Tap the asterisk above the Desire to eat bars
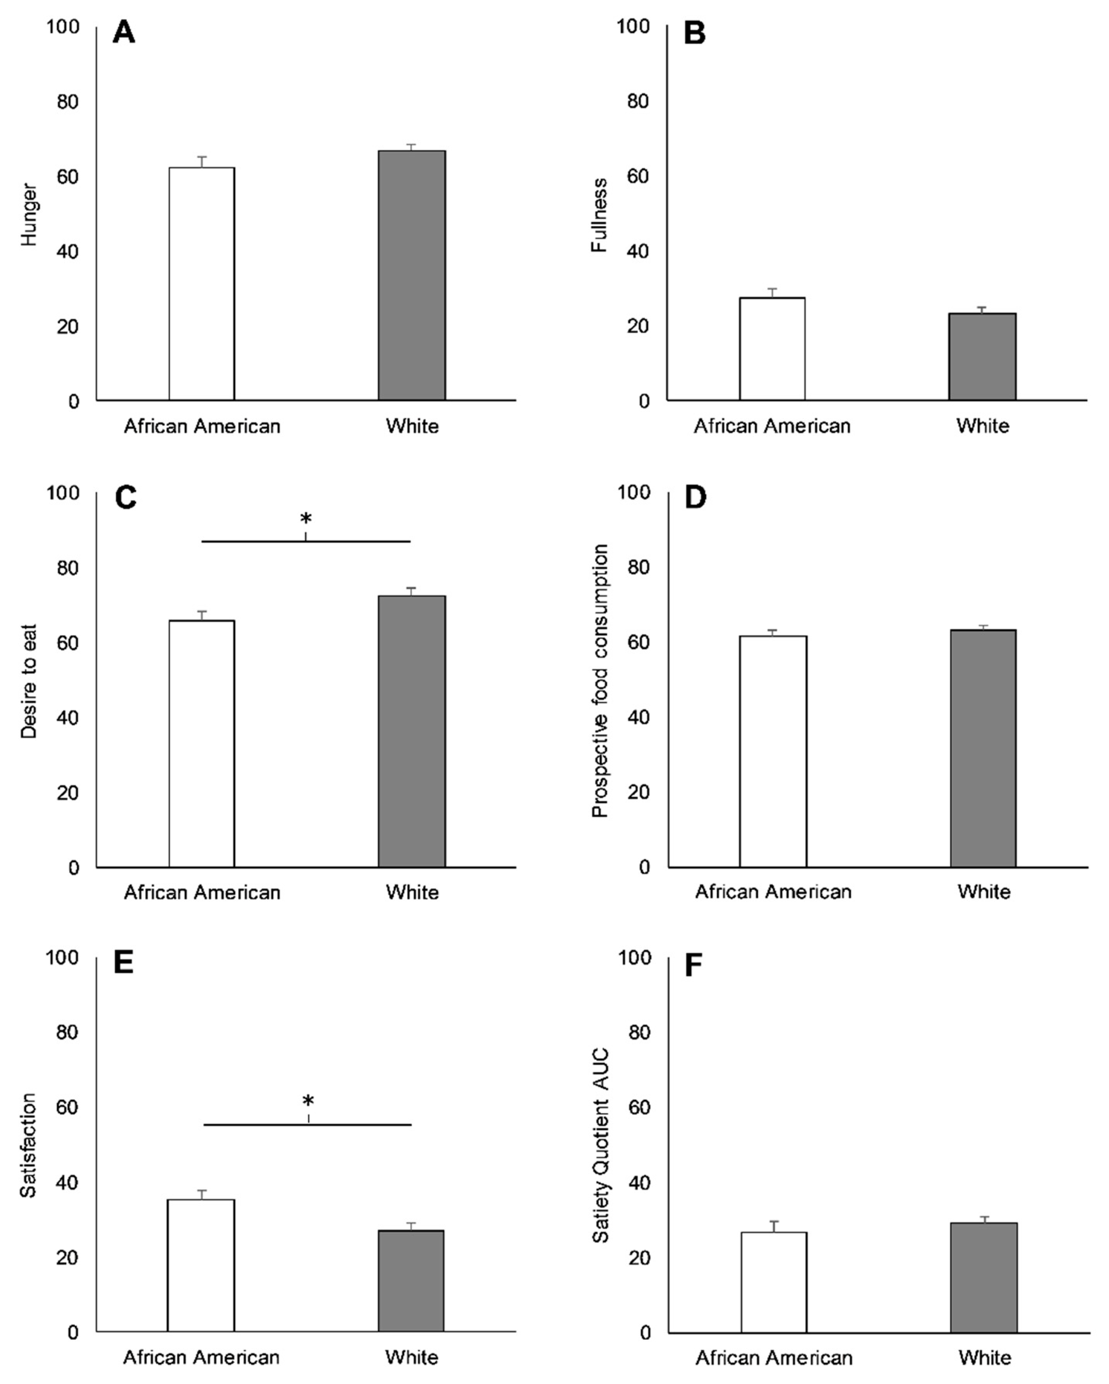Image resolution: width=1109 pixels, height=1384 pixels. [x=306, y=518]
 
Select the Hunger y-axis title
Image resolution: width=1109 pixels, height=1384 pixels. [x=29, y=215]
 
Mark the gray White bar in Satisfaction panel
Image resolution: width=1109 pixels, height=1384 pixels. [x=411, y=1280]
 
